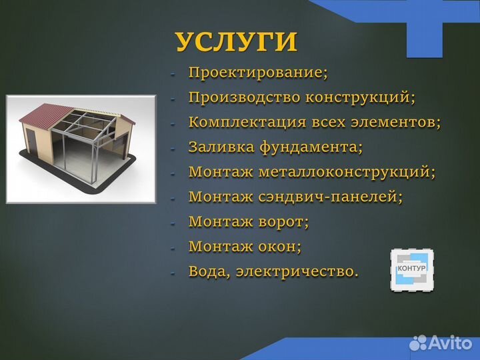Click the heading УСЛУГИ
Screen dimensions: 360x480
[236, 41]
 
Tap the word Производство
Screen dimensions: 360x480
[245, 97]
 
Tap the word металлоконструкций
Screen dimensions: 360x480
[347, 172]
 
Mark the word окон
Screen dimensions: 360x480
[279, 247]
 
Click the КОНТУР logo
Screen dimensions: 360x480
[411, 270]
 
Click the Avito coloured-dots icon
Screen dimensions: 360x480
[418, 343]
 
